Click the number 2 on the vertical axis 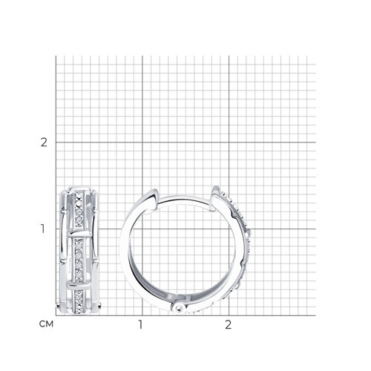click(44, 142)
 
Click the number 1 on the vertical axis click(43, 229)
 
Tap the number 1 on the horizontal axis click(140, 325)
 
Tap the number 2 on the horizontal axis click(228, 325)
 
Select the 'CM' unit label click(46, 324)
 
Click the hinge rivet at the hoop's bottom click(179, 308)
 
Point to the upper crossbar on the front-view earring click(79, 234)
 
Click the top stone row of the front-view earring click(79, 210)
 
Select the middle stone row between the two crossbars click(79, 260)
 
